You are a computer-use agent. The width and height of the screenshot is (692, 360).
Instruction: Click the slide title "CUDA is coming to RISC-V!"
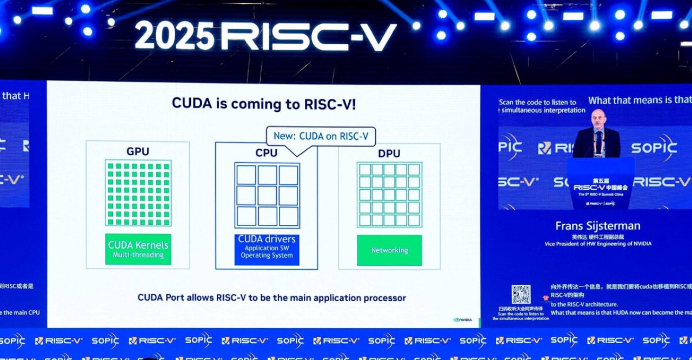coord(264,103)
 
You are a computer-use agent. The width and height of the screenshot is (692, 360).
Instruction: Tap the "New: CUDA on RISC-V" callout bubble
coord(321,136)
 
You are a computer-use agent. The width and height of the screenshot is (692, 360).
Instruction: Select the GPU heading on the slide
coord(138,152)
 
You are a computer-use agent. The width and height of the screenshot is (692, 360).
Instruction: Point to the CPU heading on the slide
coord(267,154)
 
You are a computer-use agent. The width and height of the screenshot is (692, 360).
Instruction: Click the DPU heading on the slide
coord(389,154)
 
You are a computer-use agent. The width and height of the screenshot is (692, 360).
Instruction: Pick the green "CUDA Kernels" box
coord(138,249)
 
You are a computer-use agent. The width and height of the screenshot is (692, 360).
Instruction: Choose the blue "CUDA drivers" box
coord(267,249)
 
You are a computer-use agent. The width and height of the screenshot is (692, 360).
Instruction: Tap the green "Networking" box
coord(389,250)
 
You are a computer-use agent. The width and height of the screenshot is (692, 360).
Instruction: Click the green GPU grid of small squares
coord(138,193)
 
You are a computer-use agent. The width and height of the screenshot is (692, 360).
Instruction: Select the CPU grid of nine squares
coord(267,195)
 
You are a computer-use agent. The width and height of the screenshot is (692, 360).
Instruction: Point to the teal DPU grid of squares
coord(389,195)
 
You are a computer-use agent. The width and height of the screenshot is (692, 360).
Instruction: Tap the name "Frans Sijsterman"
coord(598,226)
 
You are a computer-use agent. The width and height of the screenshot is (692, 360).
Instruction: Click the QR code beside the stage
coord(521,295)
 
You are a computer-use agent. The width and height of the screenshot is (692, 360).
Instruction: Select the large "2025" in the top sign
coord(174,37)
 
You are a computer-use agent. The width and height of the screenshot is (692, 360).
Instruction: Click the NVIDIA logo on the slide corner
coord(463,319)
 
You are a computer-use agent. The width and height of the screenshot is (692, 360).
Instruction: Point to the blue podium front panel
coord(601,184)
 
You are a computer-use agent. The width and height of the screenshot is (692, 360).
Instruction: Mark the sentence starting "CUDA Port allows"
coord(271,297)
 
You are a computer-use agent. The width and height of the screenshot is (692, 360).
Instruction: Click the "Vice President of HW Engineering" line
coord(598,244)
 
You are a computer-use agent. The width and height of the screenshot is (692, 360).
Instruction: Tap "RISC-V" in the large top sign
coord(309,37)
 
